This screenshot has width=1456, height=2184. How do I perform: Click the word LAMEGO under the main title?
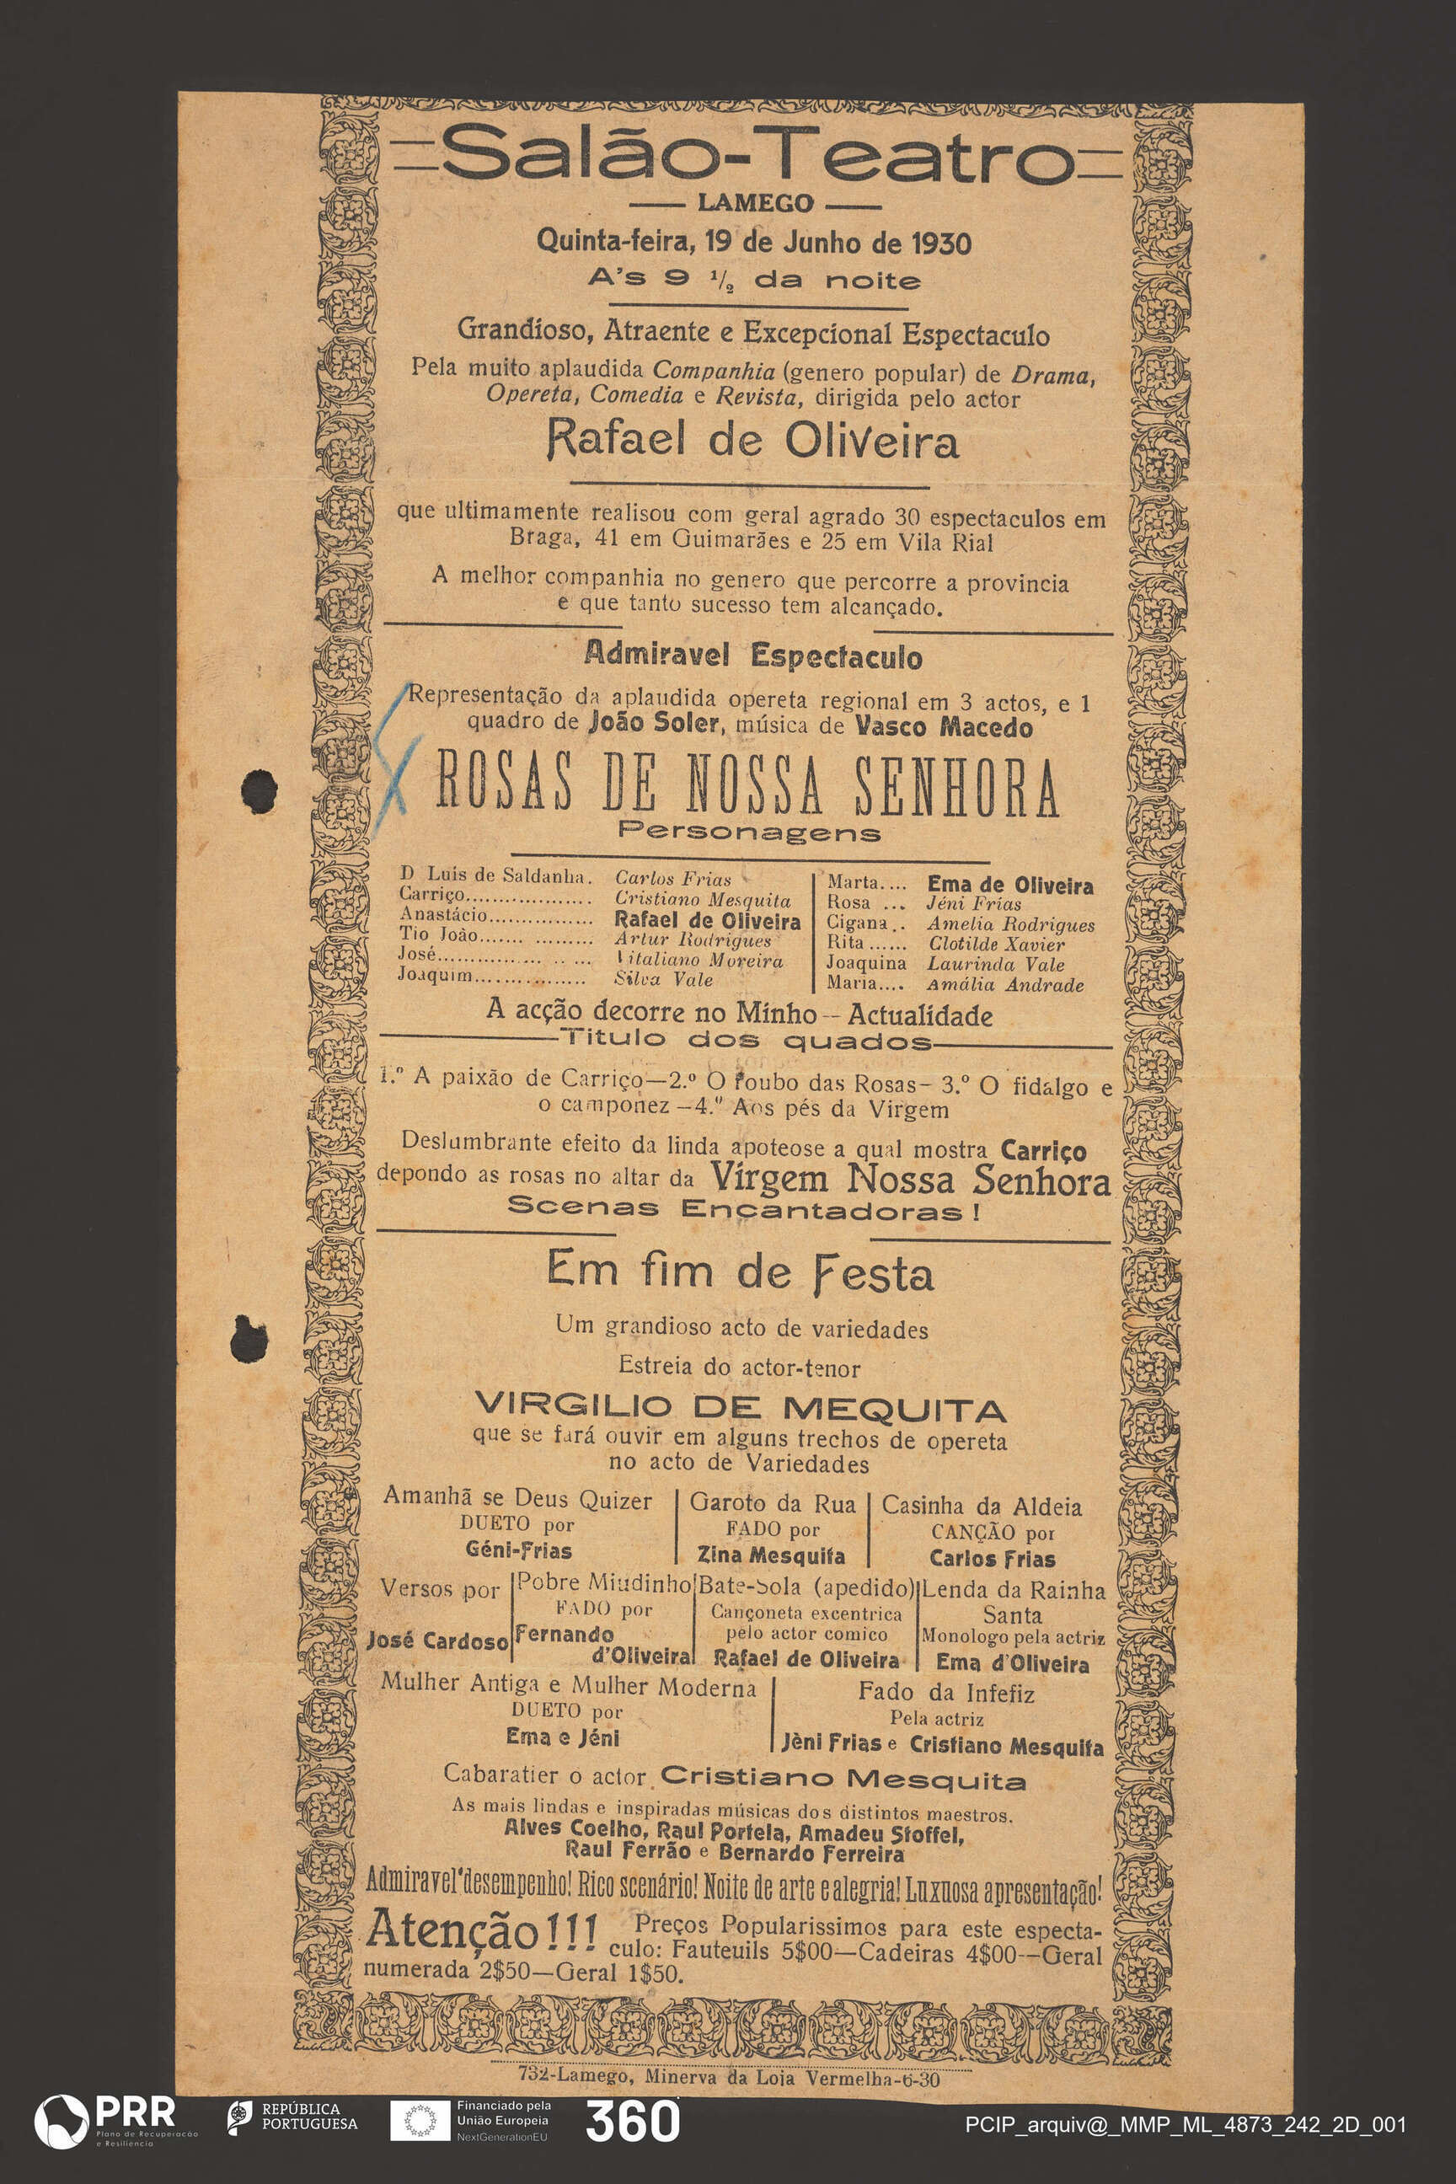pos(754,202)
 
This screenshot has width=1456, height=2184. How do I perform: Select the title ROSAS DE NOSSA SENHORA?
pos(747,788)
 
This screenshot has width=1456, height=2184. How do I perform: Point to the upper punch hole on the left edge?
pos(259,790)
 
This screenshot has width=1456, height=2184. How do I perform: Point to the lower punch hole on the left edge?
pos(248,1338)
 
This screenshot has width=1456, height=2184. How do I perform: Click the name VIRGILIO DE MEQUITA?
pos(740,1409)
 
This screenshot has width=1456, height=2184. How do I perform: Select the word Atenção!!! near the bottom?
pos(481,1930)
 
